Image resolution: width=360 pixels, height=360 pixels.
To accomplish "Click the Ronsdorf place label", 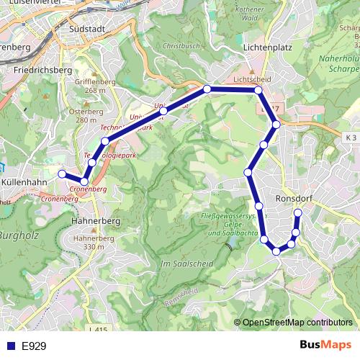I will click(293, 197).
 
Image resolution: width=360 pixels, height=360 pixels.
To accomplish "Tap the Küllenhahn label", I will click(24, 182).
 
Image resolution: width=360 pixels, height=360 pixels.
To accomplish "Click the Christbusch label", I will click(180, 45).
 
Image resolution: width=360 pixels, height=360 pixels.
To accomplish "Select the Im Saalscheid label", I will click(186, 264).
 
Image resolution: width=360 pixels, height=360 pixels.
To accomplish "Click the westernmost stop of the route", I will click(62, 174).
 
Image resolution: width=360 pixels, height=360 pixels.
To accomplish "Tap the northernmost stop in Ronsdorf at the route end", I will click(298, 212).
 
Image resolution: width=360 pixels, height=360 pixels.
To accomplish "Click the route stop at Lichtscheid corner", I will click(258, 90).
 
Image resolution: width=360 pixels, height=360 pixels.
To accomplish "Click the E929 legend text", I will click(34, 346).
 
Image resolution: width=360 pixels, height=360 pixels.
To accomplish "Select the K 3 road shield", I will click(351, 138).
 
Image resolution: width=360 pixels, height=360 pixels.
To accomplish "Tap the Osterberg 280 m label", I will click(86, 115).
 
